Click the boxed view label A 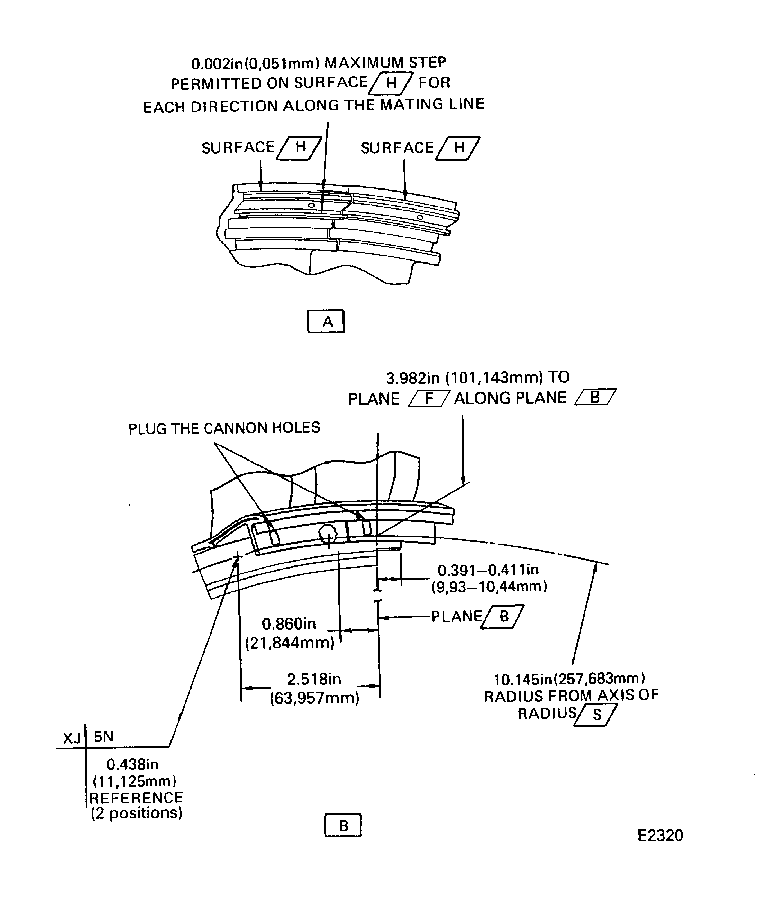[326, 322]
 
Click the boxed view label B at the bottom [343, 825]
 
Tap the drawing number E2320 [660, 835]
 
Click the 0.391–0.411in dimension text [488, 570]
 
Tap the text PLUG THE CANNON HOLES [224, 428]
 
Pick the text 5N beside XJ [104, 737]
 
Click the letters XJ [71, 738]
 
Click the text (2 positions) [136, 813]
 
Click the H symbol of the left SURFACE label [300, 147]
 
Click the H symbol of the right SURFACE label [459, 148]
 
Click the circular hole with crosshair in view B [328, 534]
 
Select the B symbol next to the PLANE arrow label [504, 616]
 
